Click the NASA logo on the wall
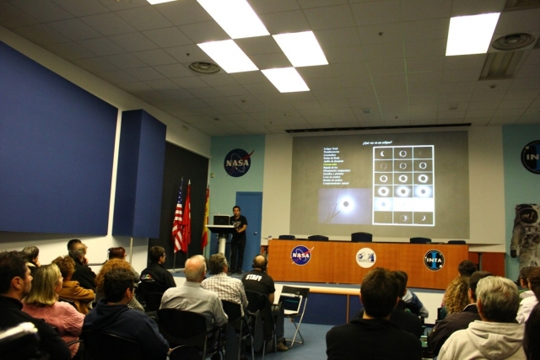[x=238, y=162]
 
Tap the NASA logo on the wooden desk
[x=300, y=255]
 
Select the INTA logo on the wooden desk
[x=434, y=260]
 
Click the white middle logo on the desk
[x=365, y=257]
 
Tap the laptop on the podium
[x=221, y=220]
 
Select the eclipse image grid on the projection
[x=403, y=185]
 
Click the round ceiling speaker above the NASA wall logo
[x=204, y=67]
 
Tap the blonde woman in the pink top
[x=51, y=304]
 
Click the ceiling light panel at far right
[x=472, y=34]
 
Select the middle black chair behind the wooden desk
[x=361, y=237]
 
